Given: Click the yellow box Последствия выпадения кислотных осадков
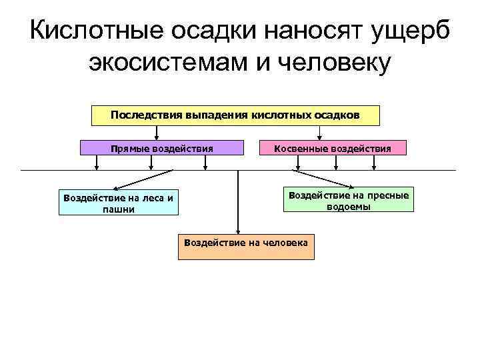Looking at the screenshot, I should pos(235,115).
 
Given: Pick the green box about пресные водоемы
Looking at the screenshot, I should pos(349,200).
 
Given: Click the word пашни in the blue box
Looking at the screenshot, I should pos(119,209).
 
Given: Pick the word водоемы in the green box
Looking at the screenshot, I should pos(349,206).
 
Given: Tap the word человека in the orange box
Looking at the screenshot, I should pos(283,243).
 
